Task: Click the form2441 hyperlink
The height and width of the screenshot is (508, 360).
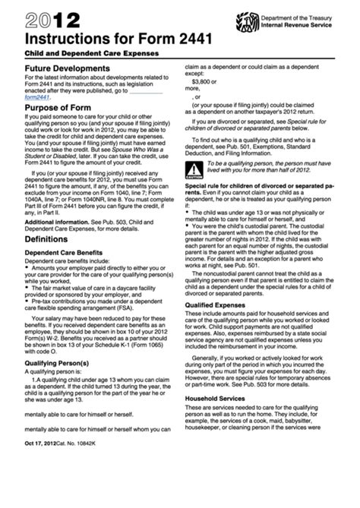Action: (38, 96)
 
